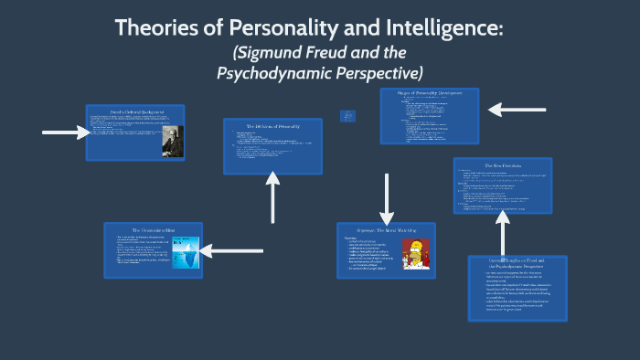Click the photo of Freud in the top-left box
tap(171, 139)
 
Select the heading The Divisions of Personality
tap(272, 126)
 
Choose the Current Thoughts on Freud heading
tap(517, 263)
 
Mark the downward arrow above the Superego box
tap(388, 194)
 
